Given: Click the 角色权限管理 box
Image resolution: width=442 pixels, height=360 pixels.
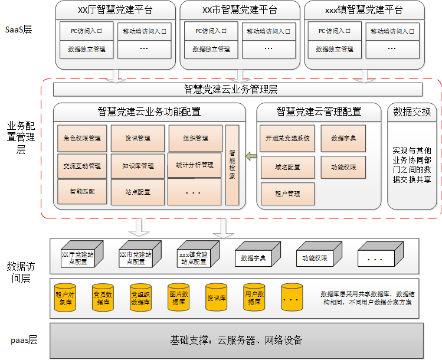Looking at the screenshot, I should (83, 139).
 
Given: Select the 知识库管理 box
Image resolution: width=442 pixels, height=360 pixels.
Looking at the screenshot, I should (137, 166).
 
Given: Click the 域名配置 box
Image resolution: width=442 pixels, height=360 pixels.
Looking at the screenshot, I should (287, 167).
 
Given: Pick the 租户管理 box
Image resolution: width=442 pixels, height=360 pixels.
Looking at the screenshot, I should (287, 194).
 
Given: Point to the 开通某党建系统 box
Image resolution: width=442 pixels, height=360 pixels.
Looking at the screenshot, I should (287, 139).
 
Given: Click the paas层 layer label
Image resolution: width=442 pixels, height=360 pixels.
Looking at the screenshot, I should (24, 340).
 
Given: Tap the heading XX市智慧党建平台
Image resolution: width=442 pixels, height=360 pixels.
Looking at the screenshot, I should (239, 10).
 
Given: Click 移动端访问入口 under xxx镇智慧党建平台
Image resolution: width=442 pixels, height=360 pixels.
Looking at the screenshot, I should (394, 30).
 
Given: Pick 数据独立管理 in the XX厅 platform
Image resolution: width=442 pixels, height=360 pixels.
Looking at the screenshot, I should (86, 49).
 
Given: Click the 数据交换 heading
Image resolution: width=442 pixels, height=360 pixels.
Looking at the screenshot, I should (411, 111).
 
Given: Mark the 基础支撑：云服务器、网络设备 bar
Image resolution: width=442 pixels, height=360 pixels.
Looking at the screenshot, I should (236, 340).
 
